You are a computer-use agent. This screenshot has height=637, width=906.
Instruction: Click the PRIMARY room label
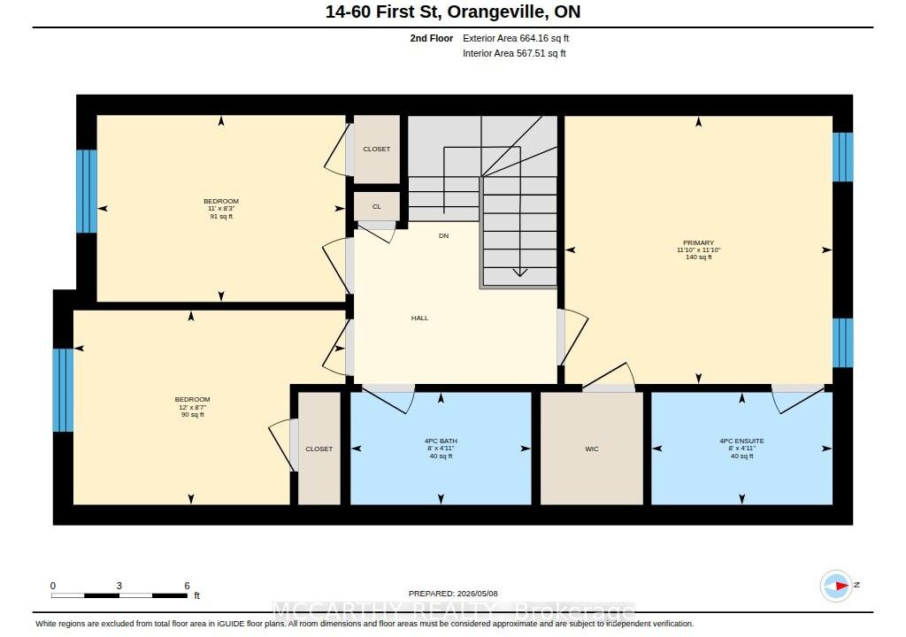point(699,242)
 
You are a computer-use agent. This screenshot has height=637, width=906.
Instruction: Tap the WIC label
point(592,449)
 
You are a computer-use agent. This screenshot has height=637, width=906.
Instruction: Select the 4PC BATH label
point(441,441)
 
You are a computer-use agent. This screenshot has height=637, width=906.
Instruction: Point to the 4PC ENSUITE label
point(742,441)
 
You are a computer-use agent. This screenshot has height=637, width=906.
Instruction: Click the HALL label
point(420,318)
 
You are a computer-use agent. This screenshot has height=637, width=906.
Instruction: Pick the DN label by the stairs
point(444,236)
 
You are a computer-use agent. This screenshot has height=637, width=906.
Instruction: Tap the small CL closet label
point(377,206)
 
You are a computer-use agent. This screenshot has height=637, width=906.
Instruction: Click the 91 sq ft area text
point(221,217)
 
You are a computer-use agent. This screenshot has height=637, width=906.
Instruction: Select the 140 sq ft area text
point(699,257)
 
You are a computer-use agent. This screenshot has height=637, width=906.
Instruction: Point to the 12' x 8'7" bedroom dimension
point(192,407)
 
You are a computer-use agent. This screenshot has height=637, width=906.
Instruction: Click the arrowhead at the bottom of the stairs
point(520,272)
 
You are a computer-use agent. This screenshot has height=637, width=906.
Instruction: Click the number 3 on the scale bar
point(119,586)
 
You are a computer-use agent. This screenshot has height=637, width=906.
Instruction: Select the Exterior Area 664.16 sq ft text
point(516,38)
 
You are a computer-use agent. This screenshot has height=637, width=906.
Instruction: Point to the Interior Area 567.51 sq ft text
point(514,53)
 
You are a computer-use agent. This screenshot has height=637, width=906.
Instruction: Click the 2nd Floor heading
point(432,38)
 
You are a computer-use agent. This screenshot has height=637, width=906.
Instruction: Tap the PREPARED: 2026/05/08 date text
point(453,594)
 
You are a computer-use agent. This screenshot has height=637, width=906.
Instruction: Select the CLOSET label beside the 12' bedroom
point(319,449)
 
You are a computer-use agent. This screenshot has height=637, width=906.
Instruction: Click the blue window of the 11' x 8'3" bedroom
point(87,191)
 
